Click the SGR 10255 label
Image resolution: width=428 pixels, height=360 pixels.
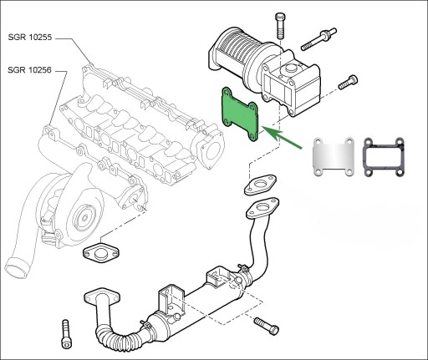tap(30, 38)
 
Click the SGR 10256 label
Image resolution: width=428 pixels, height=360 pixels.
tap(29, 70)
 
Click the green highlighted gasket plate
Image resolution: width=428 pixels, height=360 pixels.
tap(240, 114)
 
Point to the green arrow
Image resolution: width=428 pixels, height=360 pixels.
tap(282, 137)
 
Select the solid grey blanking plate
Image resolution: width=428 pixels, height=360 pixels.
tap(334, 157)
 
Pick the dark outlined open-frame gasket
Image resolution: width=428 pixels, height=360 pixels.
tap(384, 157)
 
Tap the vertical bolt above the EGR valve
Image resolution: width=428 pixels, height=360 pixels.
tap(280, 26)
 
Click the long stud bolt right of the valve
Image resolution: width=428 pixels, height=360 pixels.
tap(318, 39)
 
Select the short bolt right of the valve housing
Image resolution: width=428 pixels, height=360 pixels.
tap(348, 83)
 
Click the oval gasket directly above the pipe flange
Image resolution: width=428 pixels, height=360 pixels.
tap(261, 185)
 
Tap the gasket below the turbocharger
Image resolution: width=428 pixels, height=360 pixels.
tap(101, 253)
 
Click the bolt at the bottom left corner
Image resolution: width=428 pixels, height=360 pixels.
tap(66, 334)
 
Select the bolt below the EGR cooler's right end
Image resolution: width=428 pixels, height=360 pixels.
tap(267, 326)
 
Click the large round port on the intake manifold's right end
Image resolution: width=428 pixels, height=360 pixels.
tap(211, 150)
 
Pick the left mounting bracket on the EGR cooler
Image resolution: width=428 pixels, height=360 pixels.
tap(171, 300)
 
